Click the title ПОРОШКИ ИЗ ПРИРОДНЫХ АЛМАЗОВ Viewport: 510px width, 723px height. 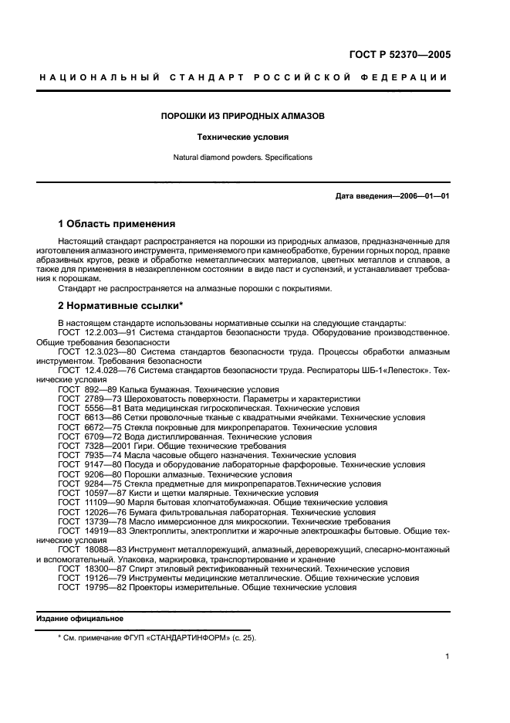point(242,117)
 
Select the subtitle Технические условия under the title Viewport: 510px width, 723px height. point(242,137)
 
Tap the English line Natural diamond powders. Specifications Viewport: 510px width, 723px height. point(242,157)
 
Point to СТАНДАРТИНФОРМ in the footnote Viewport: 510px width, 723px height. point(189,638)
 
